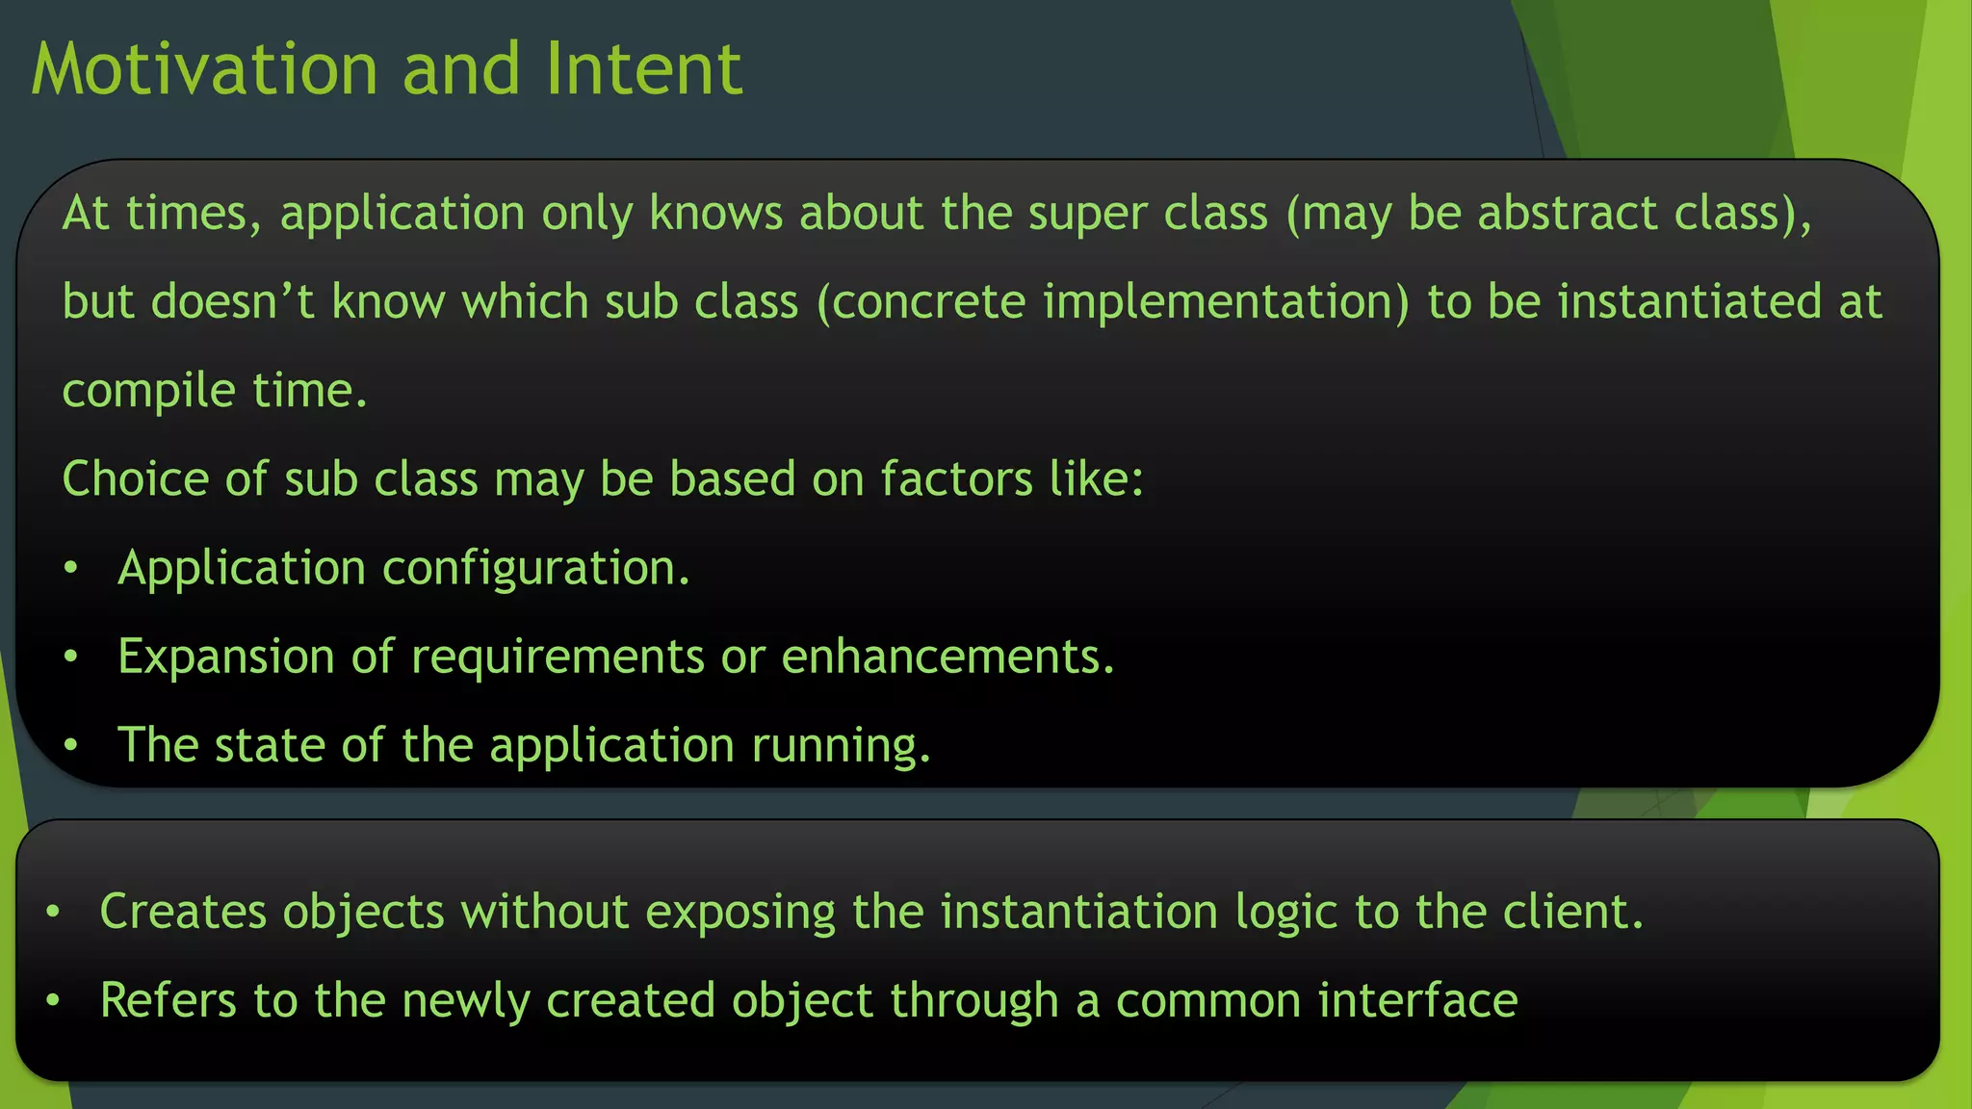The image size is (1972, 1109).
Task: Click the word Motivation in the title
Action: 205,69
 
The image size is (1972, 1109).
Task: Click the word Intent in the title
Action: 643,69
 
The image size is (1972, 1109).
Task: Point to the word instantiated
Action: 1689,301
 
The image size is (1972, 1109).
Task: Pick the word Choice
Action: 135,478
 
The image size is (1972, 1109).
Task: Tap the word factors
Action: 956,478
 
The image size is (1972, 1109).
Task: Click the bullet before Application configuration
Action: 70,568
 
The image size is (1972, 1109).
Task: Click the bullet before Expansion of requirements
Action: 70,657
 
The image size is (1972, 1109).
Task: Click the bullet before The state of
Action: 70,745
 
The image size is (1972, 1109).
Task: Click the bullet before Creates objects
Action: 53,911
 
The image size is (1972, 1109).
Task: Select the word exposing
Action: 739,912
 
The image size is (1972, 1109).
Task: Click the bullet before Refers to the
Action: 53,1000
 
